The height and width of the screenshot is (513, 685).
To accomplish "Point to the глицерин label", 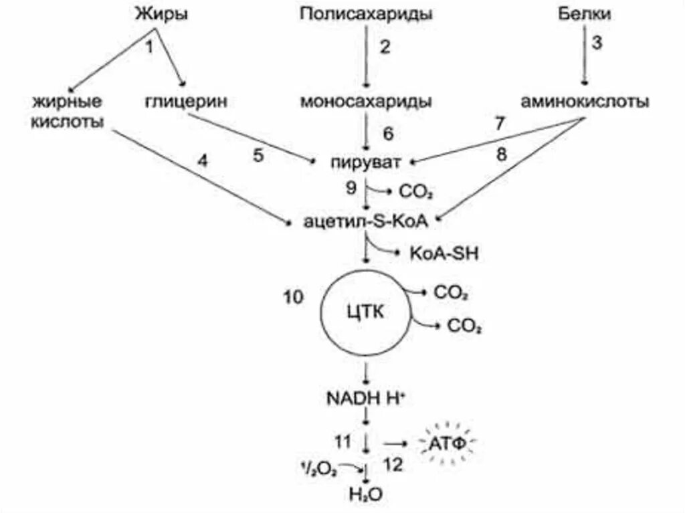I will (186, 102).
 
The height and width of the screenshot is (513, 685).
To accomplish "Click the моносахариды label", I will (366, 102).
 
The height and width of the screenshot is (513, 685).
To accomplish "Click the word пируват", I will (365, 162).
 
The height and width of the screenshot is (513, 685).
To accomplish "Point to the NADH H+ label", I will (366, 399).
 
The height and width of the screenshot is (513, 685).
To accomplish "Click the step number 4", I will (203, 161).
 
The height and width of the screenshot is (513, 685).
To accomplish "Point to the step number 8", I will (502, 155).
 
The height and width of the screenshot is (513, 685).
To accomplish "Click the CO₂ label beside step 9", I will (416, 193).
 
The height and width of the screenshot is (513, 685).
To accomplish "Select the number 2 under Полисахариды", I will (384, 47).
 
